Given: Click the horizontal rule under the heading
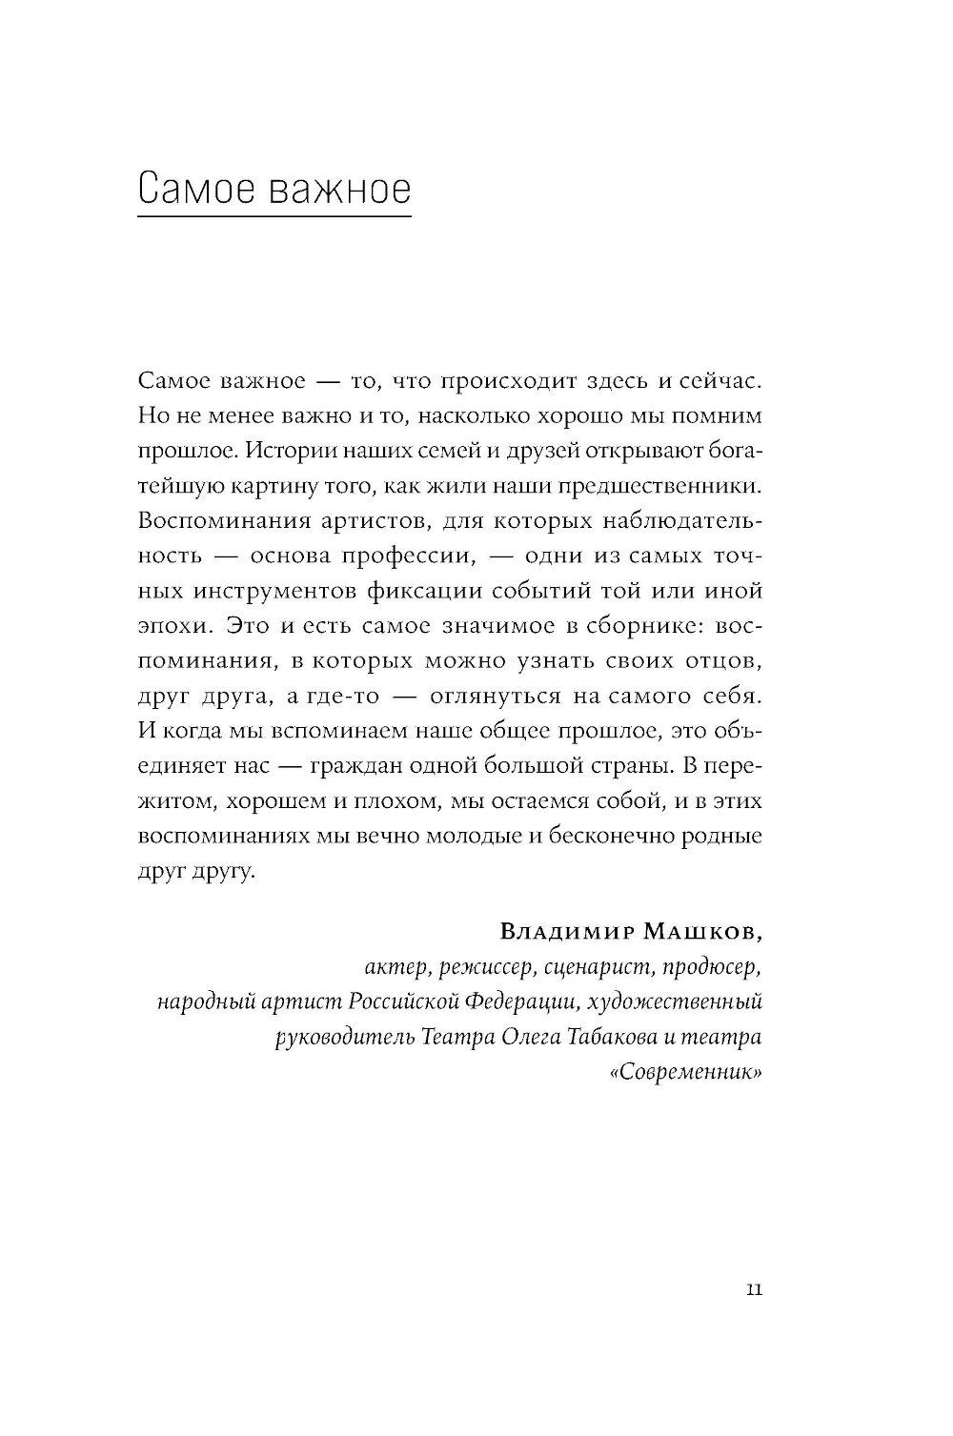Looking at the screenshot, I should click(x=274, y=217).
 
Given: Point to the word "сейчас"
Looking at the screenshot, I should click(x=721, y=381).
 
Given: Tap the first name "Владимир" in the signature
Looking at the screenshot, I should click(x=575, y=931).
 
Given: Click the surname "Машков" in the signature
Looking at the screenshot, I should click(x=707, y=931).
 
